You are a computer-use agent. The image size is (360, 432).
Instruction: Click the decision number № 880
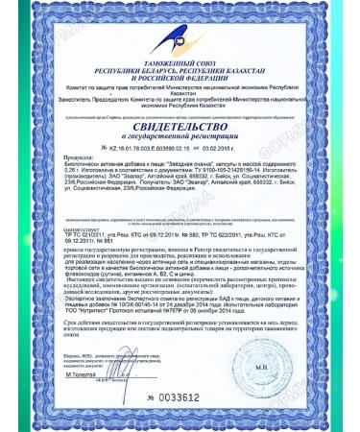point(181,233)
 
